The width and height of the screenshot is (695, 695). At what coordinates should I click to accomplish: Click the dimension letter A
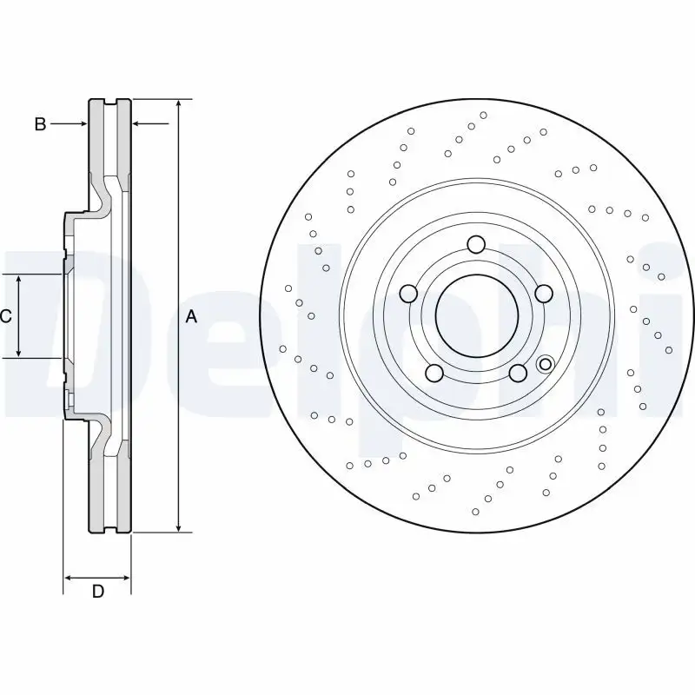click(x=191, y=318)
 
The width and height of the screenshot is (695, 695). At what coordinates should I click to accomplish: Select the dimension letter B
click(x=40, y=124)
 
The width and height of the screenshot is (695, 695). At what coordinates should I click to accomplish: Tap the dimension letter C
click(x=6, y=316)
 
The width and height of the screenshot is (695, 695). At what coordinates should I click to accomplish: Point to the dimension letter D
click(x=98, y=592)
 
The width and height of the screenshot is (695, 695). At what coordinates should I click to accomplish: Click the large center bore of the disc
click(x=474, y=316)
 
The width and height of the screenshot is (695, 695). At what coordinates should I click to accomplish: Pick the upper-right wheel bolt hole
click(x=544, y=294)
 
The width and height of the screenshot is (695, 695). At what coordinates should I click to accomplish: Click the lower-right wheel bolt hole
click(x=518, y=374)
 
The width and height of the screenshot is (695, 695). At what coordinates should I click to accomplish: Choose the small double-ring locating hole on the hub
click(x=546, y=363)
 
